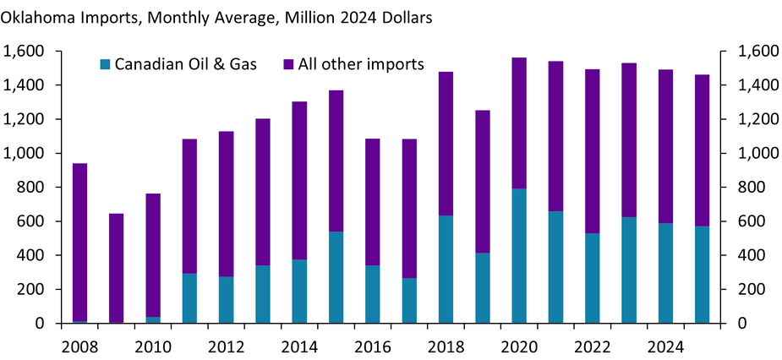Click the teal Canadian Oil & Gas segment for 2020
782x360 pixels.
519,255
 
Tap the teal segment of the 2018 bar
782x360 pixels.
446,269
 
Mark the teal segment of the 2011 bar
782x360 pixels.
189,297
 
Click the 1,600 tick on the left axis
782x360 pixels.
24,52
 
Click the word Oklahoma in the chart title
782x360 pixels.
38,15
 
